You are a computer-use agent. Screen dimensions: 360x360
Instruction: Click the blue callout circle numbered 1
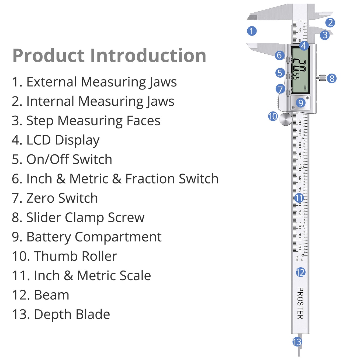pyautogui.click(x=252, y=31)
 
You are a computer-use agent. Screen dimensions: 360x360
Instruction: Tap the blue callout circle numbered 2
pyautogui.click(x=330, y=23)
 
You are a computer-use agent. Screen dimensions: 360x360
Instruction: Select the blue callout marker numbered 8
pyautogui.click(x=332, y=79)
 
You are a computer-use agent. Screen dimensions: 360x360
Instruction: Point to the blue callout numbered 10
pyautogui.click(x=273, y=116)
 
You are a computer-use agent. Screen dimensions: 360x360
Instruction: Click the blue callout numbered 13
pyautogui.click(x=297, y=342)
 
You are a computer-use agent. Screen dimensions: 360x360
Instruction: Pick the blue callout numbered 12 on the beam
pyautogui.click(x=300, y=272)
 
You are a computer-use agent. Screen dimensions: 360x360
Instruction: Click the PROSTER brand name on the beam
pyautogui.click(x=300, y=303)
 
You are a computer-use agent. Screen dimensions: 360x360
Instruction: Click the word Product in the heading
pyautogui.click(x=49, y=56)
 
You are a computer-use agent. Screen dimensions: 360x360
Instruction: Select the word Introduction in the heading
pyautogui.click(x=148, y=56)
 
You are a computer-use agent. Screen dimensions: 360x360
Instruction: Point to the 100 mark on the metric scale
pyautogui.click(x=300, y=133)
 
